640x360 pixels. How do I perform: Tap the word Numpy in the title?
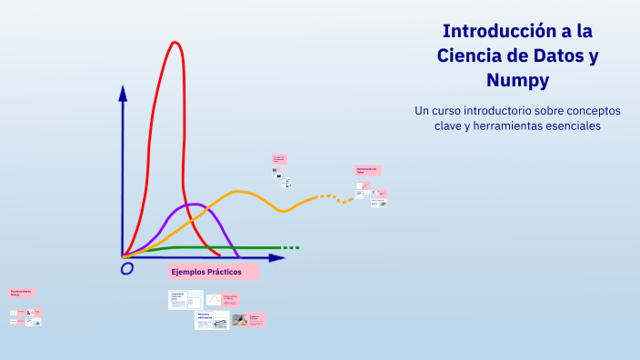517,80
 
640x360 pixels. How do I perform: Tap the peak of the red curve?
175,43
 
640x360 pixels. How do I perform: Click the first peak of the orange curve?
239,192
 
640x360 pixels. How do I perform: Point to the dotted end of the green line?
291,247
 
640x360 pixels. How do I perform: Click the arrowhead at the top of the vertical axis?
123,92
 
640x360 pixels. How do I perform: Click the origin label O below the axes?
126,268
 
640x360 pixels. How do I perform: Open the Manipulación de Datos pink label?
367,170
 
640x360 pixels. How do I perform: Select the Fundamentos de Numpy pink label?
22,293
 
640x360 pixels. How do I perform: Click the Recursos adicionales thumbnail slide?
211,319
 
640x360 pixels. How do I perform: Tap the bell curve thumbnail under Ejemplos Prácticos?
214,299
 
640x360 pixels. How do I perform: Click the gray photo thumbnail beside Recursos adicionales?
239,320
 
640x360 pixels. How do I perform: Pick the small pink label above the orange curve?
279,158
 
